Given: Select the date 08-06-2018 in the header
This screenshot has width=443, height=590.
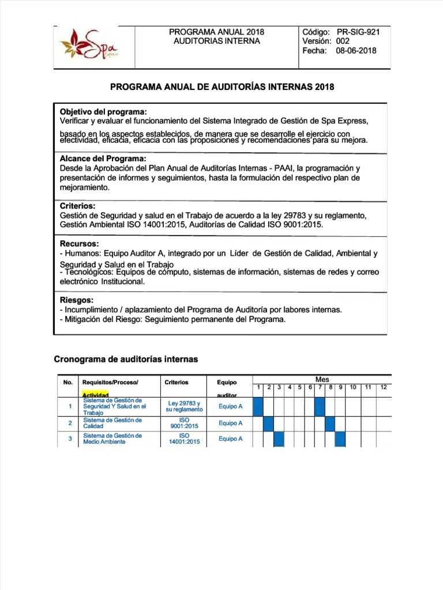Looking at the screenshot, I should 356,51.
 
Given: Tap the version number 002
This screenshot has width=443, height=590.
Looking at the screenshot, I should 343,41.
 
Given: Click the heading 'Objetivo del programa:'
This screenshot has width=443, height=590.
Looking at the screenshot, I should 103,111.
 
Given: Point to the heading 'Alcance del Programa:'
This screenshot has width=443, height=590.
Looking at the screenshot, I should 103,158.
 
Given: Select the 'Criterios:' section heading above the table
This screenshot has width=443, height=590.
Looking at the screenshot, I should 78,206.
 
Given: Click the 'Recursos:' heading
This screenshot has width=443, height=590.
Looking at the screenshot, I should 80,244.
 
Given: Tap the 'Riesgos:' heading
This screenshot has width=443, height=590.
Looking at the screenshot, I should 77,300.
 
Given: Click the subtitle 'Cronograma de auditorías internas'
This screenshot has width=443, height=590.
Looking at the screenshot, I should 126,359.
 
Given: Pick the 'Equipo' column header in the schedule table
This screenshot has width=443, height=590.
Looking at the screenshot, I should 227,382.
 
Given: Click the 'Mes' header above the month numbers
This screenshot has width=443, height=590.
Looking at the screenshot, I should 322,379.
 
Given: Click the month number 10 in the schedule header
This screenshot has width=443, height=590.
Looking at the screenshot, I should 353,387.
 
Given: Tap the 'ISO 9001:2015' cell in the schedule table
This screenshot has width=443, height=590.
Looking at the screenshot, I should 184,423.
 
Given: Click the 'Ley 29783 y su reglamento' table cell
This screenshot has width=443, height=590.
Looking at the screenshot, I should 184,406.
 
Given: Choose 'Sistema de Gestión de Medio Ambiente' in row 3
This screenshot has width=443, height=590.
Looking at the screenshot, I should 112,439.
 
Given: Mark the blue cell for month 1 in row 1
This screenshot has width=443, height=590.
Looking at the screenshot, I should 258,406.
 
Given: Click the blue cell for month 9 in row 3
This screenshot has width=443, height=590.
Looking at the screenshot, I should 340,439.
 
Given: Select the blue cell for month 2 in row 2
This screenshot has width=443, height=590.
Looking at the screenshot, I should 268,423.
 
